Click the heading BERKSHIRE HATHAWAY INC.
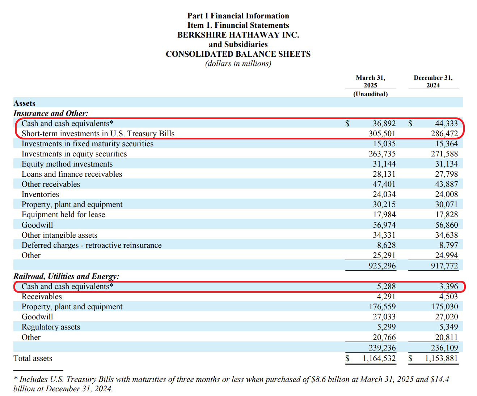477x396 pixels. [x=238, y=35]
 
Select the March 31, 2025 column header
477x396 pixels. [x=370, y=81]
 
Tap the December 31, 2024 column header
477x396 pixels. [x=433, y=81]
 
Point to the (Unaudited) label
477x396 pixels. [x=370, y=94]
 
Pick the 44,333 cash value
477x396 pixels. [x=446, y=124]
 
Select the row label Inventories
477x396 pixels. [x=40, y=194]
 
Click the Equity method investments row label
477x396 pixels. [x=67, y=164]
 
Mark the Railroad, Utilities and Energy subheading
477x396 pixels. [x=66, y=276]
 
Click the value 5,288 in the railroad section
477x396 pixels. [x=386, y=287]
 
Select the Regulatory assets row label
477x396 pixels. [x=51, y=327]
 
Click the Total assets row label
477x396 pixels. [x=33, y=358]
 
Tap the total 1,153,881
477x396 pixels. [x=441, y=358]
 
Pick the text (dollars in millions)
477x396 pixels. [x=238, y=64]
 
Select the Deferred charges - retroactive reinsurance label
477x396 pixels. [x=92, y=245]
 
